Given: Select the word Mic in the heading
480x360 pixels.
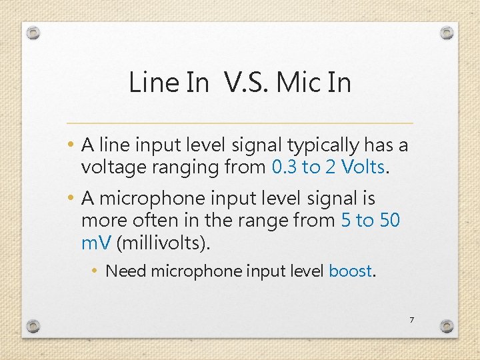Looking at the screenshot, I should coord(298,83).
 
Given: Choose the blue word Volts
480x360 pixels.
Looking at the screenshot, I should coord(363,167).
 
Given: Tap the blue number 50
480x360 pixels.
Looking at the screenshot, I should coord(389,221).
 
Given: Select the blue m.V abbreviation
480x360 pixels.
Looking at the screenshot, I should coord(96,243).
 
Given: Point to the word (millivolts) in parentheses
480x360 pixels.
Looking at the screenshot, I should coord(163,243).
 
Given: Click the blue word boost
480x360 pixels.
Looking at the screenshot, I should coord(350,271).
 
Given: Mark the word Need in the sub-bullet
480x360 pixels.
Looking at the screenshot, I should coord(126,271).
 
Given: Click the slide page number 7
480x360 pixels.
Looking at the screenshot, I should coord(411,321).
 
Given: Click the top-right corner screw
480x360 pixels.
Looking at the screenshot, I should coord(447,33).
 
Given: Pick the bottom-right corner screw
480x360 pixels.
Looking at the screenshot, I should coord(447,326).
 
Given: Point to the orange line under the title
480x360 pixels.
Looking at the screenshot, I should coord(240,123).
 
